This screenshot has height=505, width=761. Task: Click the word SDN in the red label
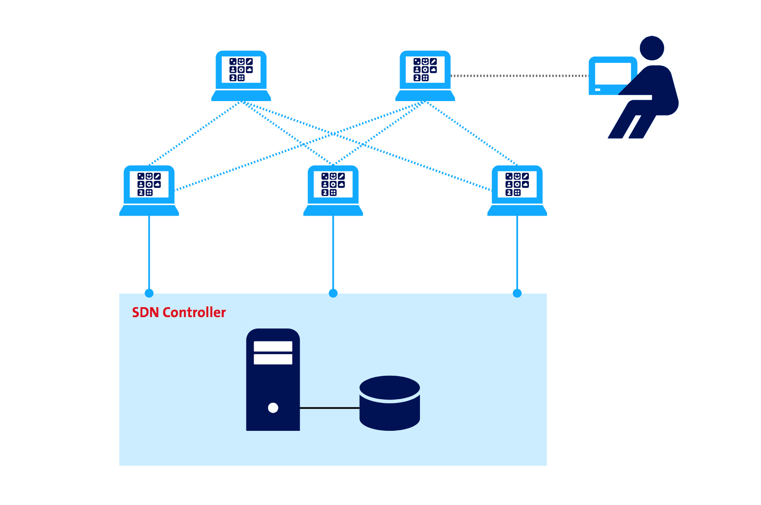pos(145,312)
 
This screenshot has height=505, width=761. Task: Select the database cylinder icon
pos(390,403)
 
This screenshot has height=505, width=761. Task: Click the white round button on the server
pos(273,408)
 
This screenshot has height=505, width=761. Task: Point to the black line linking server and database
pos(329,408)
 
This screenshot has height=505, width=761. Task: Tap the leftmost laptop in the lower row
pos(149,189)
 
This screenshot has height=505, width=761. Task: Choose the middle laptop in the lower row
pos(333,189)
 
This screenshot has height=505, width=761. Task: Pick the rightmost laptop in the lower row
pos(517,189)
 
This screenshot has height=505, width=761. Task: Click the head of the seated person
pos(652,48)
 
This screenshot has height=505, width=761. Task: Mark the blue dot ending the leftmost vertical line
pos(149,293)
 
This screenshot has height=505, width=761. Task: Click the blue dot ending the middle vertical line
pos(333,293)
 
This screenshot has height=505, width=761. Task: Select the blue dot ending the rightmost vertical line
pos(517,293)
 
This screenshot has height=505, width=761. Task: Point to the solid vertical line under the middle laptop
pos(333,252)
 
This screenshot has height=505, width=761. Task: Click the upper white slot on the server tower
pos(273,346)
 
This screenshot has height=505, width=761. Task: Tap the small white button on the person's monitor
pos(597,90)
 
